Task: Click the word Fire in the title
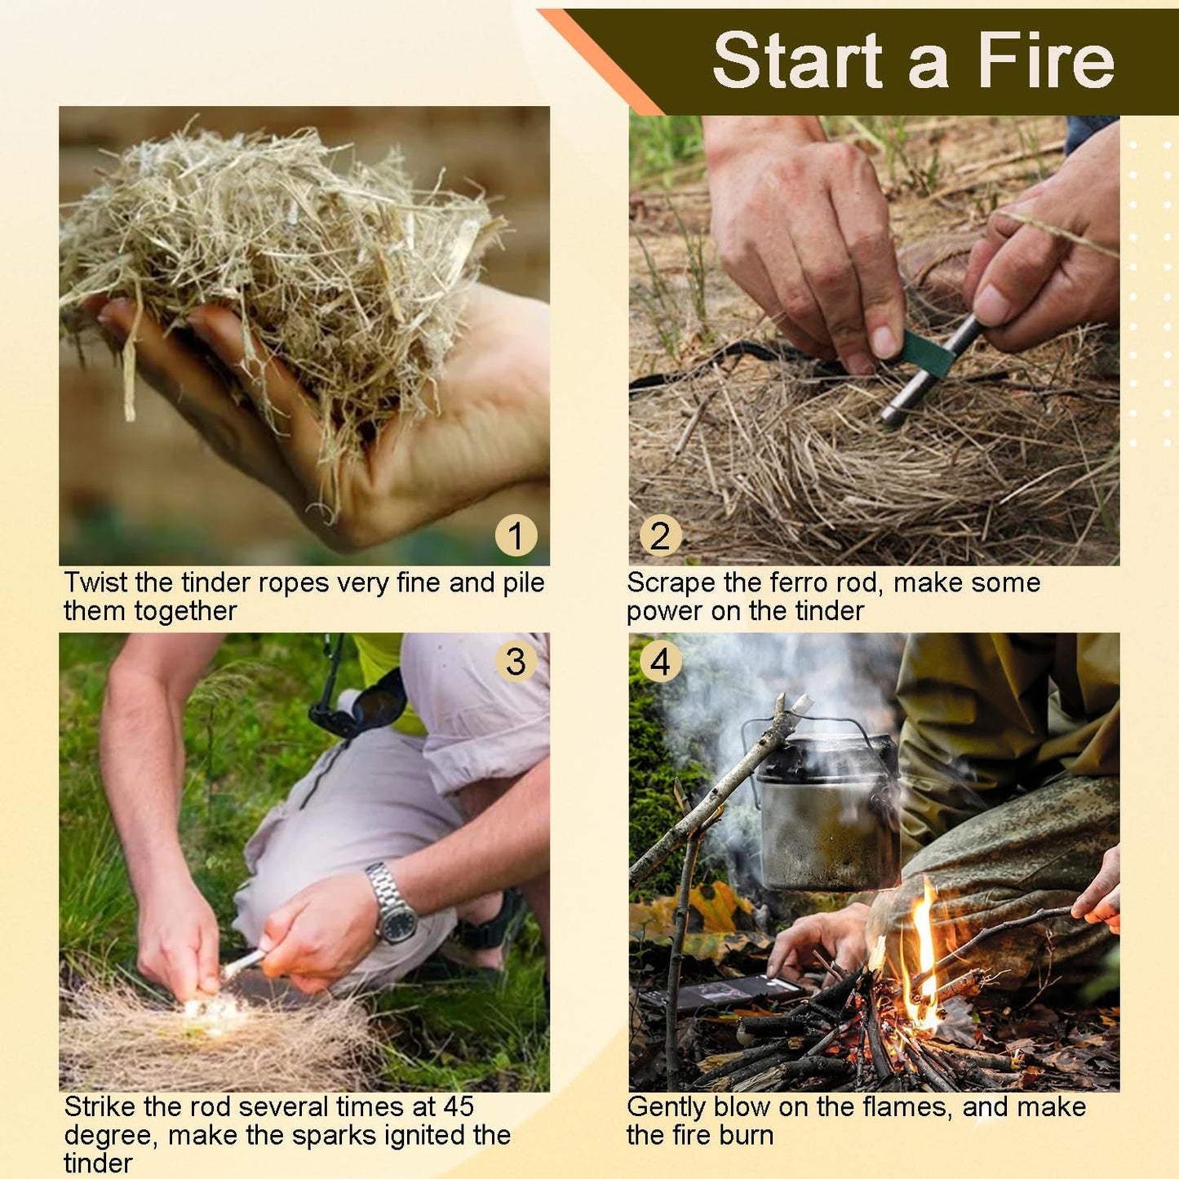pos(1046,60)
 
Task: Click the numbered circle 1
pos(516,536)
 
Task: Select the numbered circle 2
pos(660,536)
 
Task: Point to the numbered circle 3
pos(516,662)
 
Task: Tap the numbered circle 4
pos(660,662)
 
